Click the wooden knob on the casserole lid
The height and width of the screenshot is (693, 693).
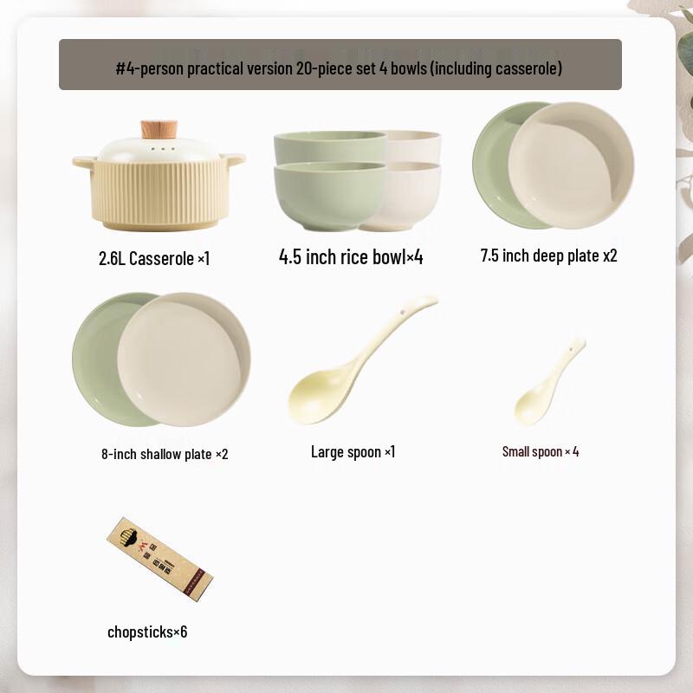click(x=159, y=130)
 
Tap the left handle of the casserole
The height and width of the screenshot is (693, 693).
click(x=83, y=161)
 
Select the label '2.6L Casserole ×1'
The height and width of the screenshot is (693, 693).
click(x=154, y=258)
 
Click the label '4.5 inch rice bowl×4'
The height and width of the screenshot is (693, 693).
click(x=351, y=256)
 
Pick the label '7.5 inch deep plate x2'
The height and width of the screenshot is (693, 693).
click(x=548, y=256)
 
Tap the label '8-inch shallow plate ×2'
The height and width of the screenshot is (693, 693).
click(x=165, y=453)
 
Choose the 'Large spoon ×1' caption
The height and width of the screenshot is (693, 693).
click(x=353, y=451)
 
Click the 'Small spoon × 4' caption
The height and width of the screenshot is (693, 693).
click(x=541, y=451)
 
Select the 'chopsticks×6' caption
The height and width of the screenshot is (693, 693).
click(x=147, y=631)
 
